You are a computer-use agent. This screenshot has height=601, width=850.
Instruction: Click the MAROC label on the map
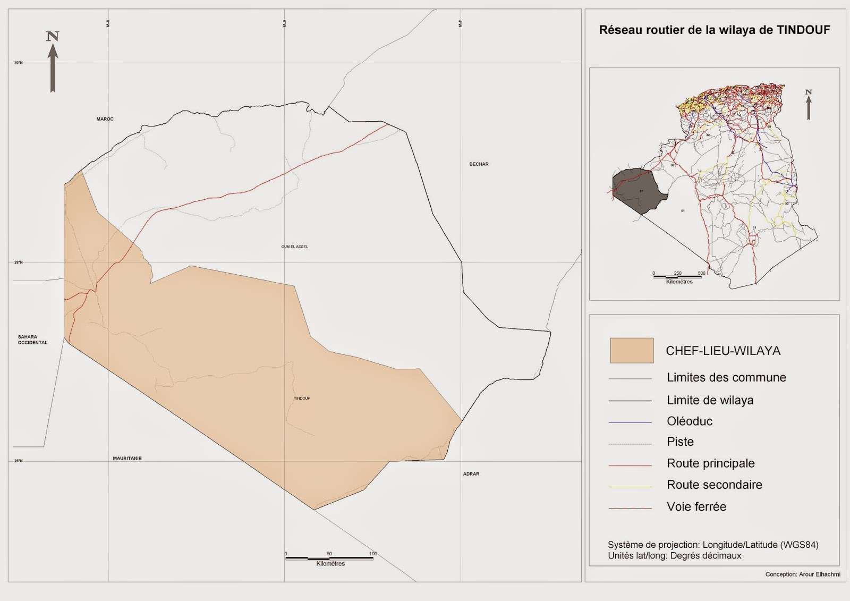click(x=105, y=119)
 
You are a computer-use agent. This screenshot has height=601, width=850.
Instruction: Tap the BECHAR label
click(x=479, y=164)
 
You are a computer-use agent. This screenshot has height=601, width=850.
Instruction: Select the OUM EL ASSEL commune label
click(x=294, y=247)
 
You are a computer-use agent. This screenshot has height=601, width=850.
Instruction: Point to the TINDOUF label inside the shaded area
click(x=302, y=398)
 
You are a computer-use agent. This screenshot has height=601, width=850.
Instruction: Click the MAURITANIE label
click(x=127, y=458)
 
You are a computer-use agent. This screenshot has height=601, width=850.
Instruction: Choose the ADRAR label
click(x=471, y=474)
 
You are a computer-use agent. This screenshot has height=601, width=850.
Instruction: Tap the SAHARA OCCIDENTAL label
click(x=32, y=340)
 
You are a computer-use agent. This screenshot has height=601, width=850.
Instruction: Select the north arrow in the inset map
click(x=809, y=105)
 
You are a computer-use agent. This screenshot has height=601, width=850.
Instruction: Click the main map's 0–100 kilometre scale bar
click(x=329, y=558)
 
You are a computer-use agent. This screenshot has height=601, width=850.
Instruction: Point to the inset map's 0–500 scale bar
click(x=678, y=276)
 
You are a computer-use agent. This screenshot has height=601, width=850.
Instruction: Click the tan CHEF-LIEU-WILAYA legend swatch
click(x=632, y=351)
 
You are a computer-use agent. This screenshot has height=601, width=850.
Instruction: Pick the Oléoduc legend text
click(x=690, y=421)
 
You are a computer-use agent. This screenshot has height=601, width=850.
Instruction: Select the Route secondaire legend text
click(x=714, y=485)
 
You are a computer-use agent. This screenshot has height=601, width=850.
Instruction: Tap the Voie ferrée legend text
click(x=696, y=507)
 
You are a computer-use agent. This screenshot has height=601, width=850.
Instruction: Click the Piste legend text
click(x=680, y=442)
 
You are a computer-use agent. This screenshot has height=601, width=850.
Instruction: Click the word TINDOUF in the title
click(x=803, y=30)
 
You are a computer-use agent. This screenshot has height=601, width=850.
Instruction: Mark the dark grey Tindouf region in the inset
click(x=637, y=191)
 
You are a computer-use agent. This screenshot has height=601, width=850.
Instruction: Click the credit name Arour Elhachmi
click(x=819, y=574)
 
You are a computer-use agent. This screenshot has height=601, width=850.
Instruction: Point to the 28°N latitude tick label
click(x=19, y=263)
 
